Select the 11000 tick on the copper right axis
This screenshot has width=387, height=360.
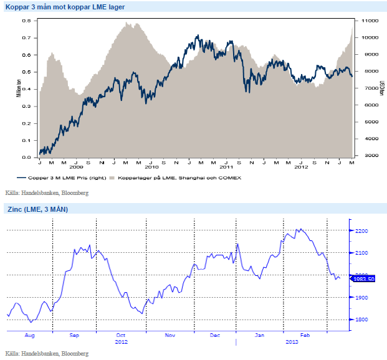368,21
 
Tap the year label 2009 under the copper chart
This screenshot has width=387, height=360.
76,168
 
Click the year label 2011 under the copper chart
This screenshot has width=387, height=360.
226,168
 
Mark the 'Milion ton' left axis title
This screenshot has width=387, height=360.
19,87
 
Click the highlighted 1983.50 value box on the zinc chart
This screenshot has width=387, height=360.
363,279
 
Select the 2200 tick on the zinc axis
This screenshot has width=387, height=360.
361,231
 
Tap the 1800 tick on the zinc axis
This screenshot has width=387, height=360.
361,320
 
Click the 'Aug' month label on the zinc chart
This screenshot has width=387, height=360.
30,335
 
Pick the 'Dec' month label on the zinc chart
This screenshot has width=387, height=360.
214,335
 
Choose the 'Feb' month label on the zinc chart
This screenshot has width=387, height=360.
305,335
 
